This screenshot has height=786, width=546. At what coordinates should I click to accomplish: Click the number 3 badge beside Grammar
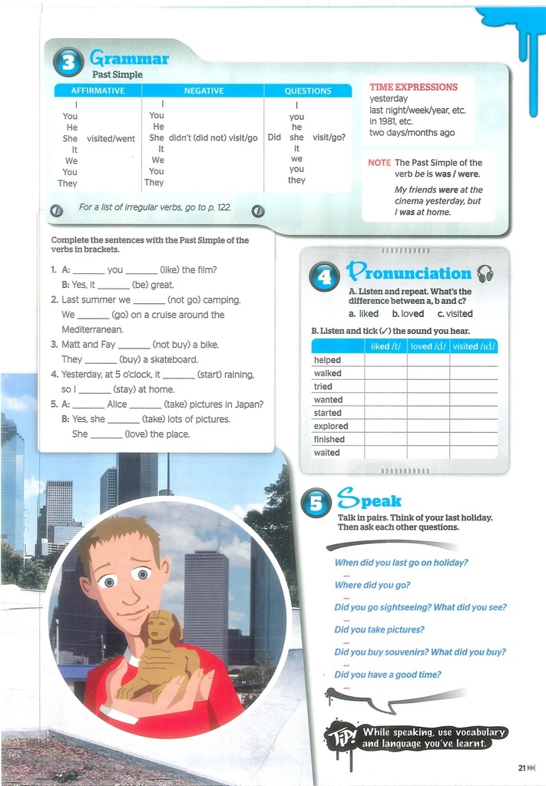68,63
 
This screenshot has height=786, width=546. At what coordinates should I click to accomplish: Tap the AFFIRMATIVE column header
98,91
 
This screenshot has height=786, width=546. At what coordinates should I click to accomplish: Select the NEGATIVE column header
204,91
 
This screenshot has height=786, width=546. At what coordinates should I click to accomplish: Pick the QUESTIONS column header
307,91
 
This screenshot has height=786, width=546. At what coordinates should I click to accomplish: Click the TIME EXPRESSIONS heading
413,88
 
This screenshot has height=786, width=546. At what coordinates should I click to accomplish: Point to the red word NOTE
379,163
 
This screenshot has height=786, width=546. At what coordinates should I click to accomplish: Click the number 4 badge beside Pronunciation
324,276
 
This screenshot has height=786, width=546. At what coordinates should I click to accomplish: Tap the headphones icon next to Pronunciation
485,273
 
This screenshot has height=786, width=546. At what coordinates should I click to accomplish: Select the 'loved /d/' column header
428,347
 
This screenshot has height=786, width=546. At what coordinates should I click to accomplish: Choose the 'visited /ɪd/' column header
475,347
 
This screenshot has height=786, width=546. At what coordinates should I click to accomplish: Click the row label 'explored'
331,426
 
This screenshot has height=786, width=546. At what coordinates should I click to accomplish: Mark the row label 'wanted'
328,400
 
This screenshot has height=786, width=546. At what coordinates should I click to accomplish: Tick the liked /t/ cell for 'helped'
386,360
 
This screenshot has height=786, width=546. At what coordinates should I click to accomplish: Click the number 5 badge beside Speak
316,502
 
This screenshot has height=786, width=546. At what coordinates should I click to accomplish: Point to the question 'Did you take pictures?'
379,629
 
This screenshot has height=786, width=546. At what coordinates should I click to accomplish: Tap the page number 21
522,768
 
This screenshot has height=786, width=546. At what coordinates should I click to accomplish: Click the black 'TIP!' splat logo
340,738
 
